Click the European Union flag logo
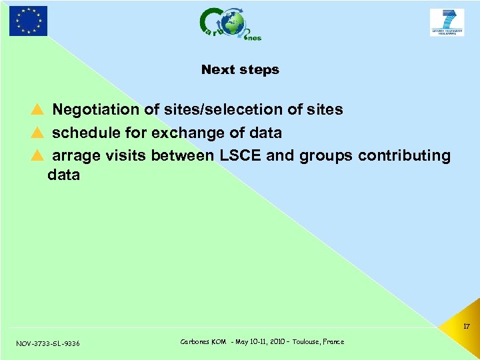click(x=28, y=21)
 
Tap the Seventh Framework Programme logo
click(x=447, y=22)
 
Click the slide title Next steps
click(x=240, y=69)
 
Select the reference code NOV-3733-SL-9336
click(x=48, y=343)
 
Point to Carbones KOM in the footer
click(x=203, y=342)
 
